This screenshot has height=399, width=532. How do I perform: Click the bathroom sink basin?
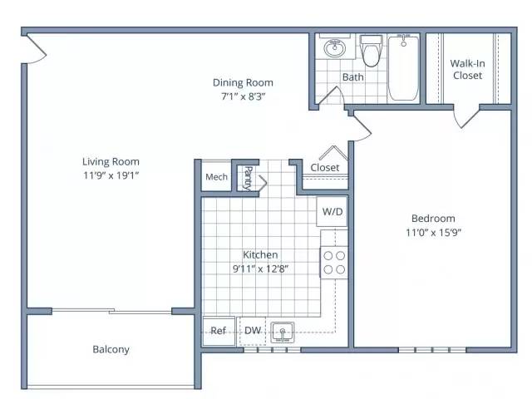tap(334, 48)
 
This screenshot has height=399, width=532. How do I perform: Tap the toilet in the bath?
tap(372, 50)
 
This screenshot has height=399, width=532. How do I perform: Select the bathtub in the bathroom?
tap(403, 68)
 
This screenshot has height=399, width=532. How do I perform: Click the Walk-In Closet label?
tap(467, 69)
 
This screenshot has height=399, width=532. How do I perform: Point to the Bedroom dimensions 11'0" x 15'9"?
tap(433, 233)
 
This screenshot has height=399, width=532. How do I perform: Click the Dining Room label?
tap(243, 82)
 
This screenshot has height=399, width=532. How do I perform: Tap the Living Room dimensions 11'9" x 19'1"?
tap(111, 175)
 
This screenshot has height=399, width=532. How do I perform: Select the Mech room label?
tap(216, 177)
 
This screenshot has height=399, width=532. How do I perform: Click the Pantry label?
tap(249, 178)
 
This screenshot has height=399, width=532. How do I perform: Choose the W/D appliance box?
tap(332, 211)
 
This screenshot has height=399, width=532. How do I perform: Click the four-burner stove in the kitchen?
tap(334, 263)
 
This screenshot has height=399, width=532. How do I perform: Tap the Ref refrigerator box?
tap(219, 331)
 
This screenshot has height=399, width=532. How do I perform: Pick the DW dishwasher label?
tap(253, 330)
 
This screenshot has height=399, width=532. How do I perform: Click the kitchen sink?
tap(283, 332)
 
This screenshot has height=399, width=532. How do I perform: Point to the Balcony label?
tap(111, 349)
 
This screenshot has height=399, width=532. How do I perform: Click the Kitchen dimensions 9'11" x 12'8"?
tap(260, 268)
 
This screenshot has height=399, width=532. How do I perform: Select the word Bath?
tap(352, 77)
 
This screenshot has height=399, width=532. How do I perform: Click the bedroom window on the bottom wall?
tap(432, 350)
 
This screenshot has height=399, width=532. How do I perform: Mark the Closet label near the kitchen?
tap(325, 167)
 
